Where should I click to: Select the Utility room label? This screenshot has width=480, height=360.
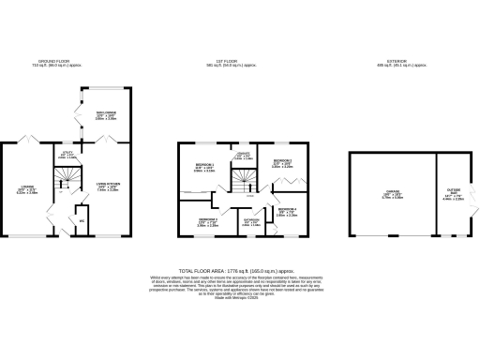(x=67, y=156)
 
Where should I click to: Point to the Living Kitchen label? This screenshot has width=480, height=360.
(x=107, y=187)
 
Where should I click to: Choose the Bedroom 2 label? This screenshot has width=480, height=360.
(x=283, y=164)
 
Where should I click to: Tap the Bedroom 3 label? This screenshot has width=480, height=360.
(x=207, y=222)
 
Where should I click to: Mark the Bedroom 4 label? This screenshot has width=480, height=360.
(x=287, y=212)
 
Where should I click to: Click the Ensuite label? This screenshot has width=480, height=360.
(x=242, y=157)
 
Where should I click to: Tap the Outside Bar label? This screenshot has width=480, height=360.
(x=451, y=196)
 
